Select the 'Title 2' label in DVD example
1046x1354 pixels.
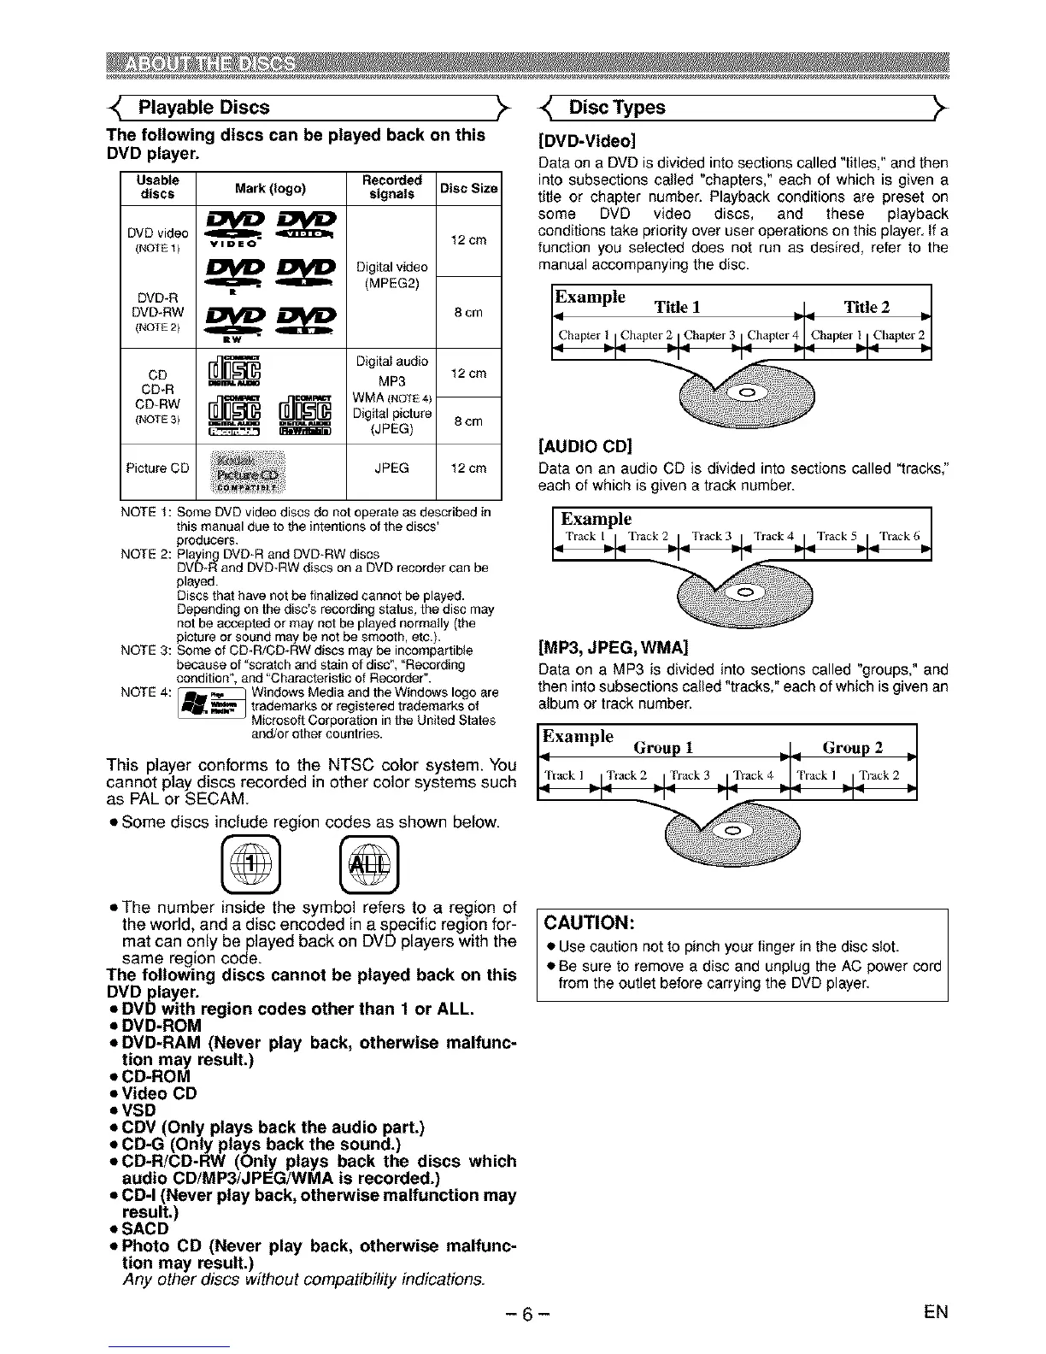[867, 308]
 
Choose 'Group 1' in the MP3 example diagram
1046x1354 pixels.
[663, 748]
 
